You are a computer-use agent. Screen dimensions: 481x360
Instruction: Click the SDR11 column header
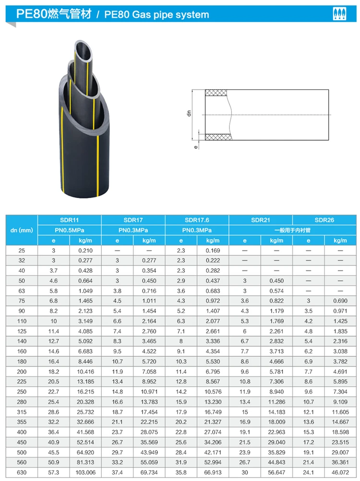click(70, 220)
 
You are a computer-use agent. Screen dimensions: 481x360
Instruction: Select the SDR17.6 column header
click(197, 220)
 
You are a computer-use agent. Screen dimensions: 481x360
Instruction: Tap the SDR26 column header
click(324, 220)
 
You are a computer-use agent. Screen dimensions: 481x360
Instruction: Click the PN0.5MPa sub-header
click(70, 230)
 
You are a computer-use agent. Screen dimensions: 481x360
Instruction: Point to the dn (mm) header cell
click(22, 230)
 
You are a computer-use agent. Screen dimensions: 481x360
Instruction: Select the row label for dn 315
click(22, 412)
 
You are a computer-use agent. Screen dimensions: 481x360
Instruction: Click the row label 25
click(22, 251)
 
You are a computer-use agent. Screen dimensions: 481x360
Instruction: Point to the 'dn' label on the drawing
click(190, 114)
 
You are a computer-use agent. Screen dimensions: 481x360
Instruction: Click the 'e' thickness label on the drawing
click(196, 148)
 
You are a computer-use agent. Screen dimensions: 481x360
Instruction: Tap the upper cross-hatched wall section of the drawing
click(217, 93)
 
